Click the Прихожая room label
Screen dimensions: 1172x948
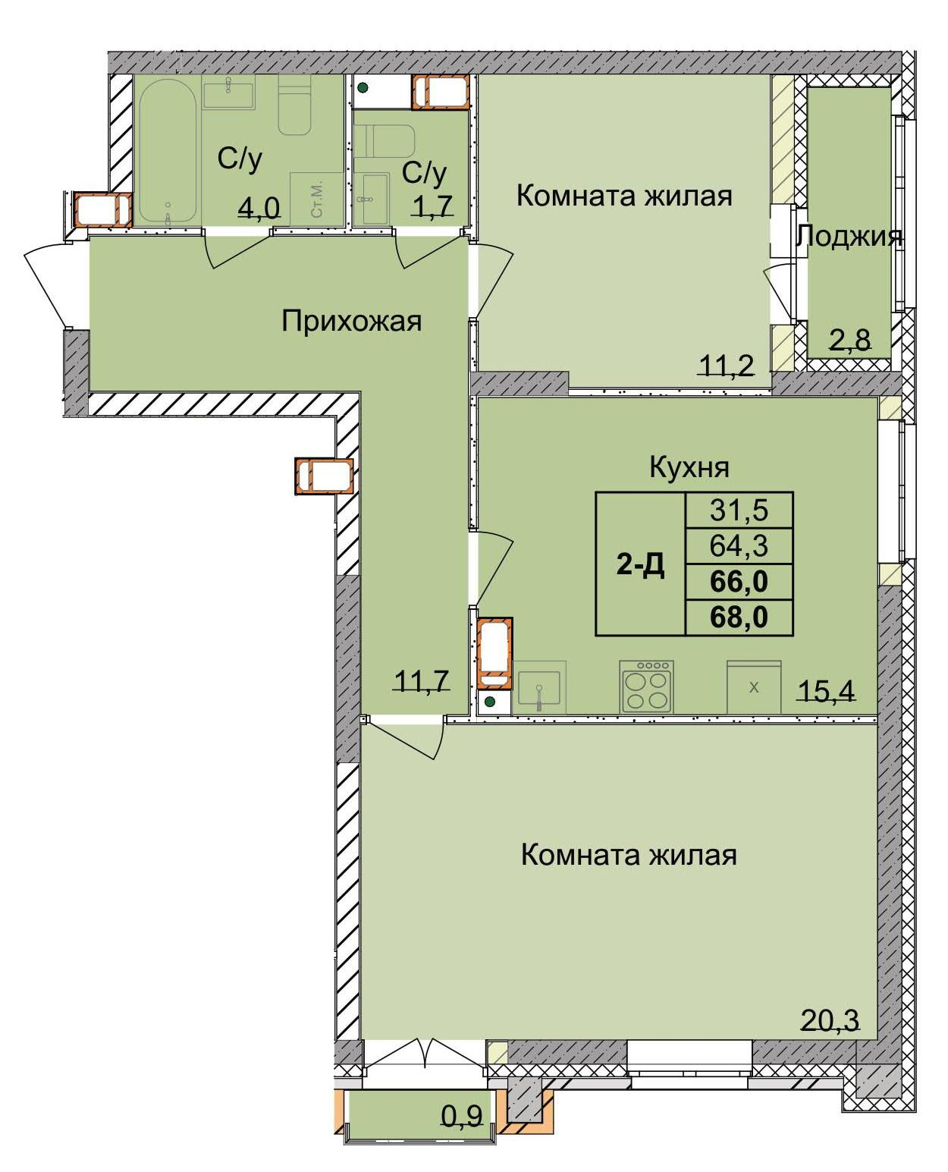coord(351,321)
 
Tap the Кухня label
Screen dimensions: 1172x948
coord(689,467)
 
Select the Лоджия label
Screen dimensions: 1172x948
coord(849,237)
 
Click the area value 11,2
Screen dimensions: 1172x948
coord(726,366)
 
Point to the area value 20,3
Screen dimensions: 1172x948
coord(830,1020)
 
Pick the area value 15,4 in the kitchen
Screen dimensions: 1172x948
coord(826,690)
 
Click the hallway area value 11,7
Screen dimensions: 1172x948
coord(422,680)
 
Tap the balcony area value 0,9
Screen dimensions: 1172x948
coord(462,1115)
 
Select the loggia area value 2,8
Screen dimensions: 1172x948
coord(849,340)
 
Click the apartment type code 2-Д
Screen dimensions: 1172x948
coord(640,564)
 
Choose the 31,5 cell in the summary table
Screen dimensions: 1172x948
coord(739,510)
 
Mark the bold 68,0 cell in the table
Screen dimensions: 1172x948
coord(739,617)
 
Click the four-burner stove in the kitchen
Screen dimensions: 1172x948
coord(646,687)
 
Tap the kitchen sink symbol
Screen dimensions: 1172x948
coord(538,689)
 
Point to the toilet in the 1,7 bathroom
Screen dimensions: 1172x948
coord(385,140)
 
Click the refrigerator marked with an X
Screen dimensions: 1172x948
coord(753,687)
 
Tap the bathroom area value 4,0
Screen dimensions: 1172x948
coord(259,206)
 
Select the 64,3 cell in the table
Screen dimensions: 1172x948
coord(739,545)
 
